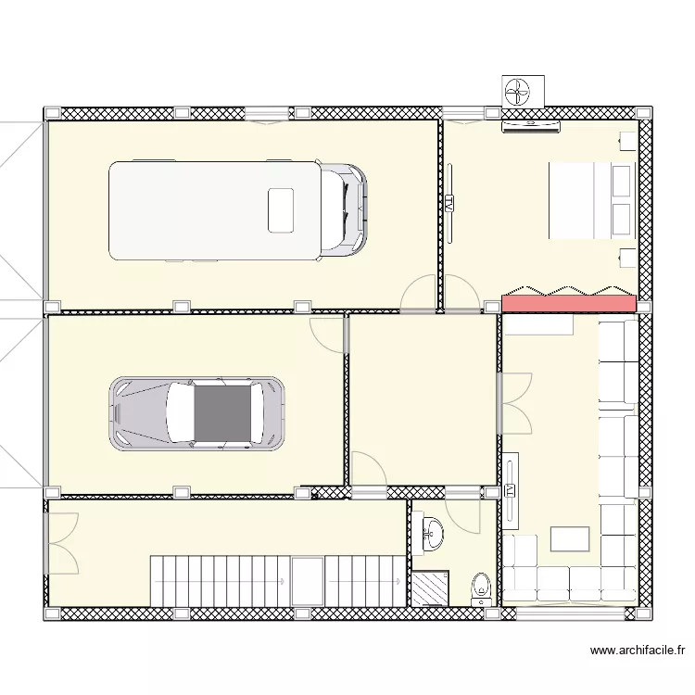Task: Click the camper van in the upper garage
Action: point(236,210)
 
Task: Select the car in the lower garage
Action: point(196,413)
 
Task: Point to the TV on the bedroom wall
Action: point(449,204)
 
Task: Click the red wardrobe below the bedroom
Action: point(568,303)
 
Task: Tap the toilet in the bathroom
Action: point(482,588)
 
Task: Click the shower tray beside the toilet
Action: point(430,588)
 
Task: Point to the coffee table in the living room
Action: point(569,539)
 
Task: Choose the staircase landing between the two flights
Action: point(307,581)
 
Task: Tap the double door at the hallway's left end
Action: point(63,543)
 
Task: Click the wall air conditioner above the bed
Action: point(532,126)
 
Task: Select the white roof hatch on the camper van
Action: point(281,210)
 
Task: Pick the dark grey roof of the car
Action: point(222,413)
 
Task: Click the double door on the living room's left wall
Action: point(515,402)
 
